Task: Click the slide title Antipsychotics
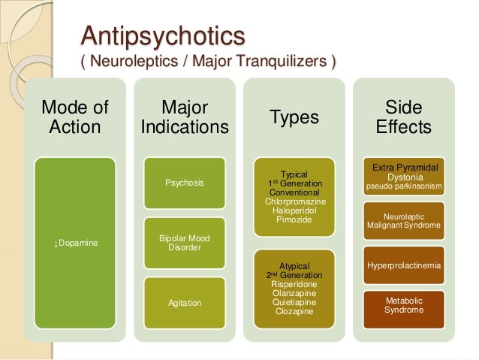[163, 35]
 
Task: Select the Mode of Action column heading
[74, 117]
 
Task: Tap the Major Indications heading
[185, 117]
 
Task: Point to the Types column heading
[294, 117]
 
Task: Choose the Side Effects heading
[404, 117]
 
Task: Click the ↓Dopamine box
[74, 242]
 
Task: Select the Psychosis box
[185, 183]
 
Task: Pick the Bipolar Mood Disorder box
[185, 243]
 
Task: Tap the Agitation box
[185, 303]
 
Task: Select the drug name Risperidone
[294, 284]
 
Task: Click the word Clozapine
[294, 311]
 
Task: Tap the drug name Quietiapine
[294, 302]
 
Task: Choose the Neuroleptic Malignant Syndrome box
[404, 220]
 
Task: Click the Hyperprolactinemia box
[404, 265]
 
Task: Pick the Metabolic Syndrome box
[404, 305]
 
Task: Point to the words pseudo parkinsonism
[404, 186]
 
